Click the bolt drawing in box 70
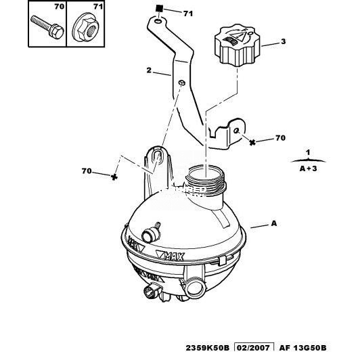point(47,27)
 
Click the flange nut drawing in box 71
point(86,30)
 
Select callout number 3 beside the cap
point(284,41)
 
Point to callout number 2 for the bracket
point(150,70)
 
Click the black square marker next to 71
point(159,9)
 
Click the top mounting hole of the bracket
point(158,22)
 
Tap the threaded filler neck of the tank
point(206,181)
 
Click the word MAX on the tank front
point(175,256)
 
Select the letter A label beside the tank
point(274,223)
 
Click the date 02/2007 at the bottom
point(254,348)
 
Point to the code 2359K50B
point(207,348)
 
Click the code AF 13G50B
point(302,348)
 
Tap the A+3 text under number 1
point(308,168)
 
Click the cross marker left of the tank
point(114,177)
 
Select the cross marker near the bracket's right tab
point(252,143)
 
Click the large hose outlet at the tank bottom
point(195,290)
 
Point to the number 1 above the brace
point(308,152)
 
